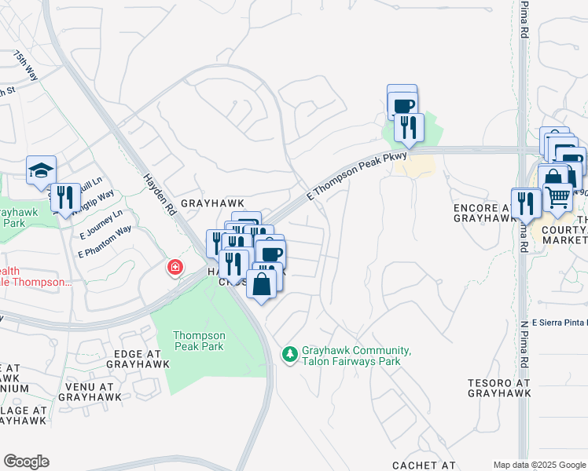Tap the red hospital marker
point(175,268)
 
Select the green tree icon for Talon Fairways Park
point(290,356)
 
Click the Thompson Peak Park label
point(200,341)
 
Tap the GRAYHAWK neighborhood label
point(208,203)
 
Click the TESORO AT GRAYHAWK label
point(499,388)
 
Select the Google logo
point(26,462)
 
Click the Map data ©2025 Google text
point(539,465)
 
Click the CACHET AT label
point(424,466)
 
